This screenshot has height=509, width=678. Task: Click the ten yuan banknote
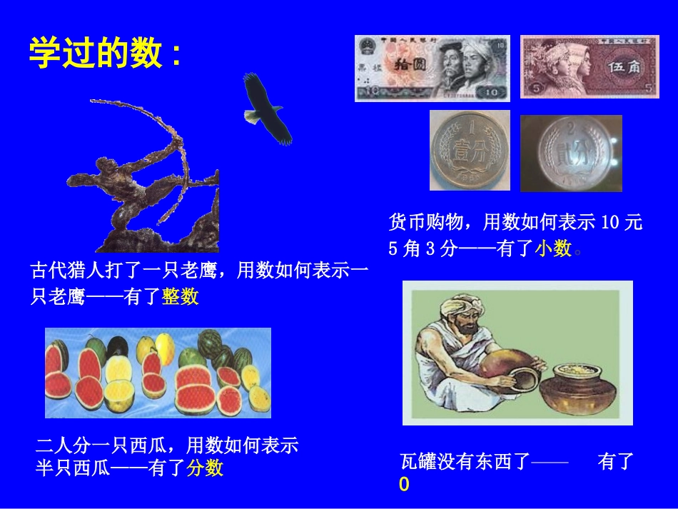[x=432, y=68]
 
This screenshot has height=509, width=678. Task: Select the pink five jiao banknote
[x=590, y=66]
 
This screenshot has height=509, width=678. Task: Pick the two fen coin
[x=571, y=153]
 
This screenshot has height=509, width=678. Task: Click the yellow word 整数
[x=180, y=296]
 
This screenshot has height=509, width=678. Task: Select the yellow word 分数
[x=205, y=468]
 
